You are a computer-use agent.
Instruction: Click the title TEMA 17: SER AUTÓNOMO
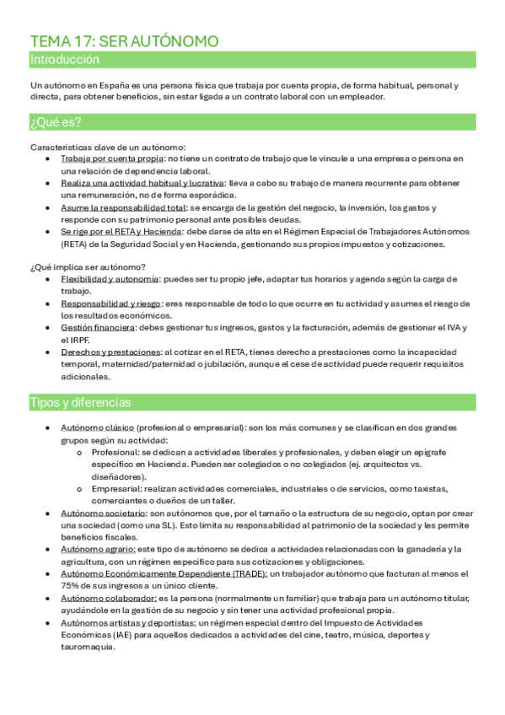[124, 41]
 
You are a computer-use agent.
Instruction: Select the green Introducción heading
[64, 60]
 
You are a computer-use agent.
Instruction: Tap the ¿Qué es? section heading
[56, 123]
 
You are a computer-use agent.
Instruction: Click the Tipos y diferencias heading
[80, 401]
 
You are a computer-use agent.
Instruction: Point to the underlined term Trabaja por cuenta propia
[112, 159]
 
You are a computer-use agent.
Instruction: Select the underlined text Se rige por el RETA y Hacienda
[121, 231]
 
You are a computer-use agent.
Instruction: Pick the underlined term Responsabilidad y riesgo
[112, 304]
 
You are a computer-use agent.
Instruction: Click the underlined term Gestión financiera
[97, 328]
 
